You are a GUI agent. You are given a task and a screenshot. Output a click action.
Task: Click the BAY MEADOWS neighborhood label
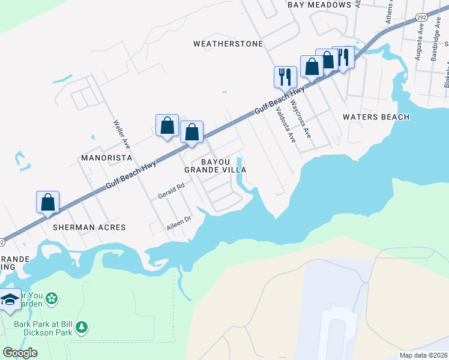[319, 5]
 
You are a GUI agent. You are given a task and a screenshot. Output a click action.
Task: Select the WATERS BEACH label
[376, 117]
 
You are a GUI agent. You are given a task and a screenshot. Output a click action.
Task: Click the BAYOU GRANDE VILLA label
[215, 166]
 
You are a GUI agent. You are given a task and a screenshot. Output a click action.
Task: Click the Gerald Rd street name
[170, 191]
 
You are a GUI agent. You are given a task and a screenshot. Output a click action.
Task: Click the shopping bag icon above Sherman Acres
[48, 202]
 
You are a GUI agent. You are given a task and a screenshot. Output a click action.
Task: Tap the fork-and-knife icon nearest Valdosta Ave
[285, 77]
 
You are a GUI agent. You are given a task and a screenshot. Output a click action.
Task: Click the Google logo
[20, 353]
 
